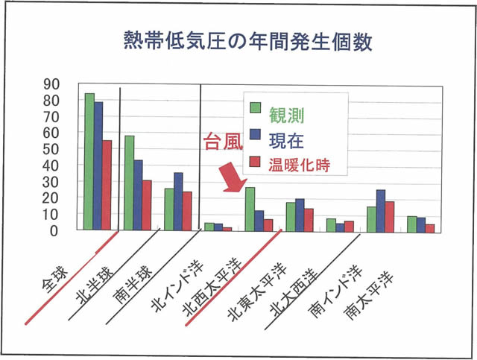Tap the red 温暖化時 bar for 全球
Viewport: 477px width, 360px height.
(107, 186)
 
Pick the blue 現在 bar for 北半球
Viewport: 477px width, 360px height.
(138, 195)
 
